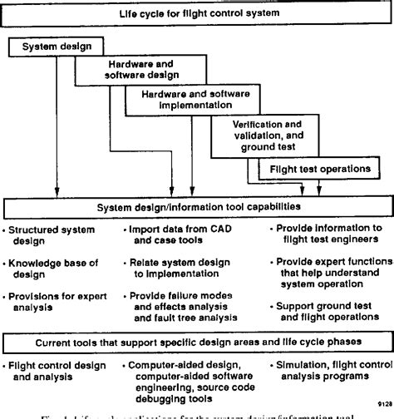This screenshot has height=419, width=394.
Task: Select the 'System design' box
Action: pyautogui.click(x=56, y=48)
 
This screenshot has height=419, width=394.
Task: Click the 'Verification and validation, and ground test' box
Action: pyautogui.click(x=266, y=136)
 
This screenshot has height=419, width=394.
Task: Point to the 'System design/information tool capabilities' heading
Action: pyautogui.click(x=197, y=205)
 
